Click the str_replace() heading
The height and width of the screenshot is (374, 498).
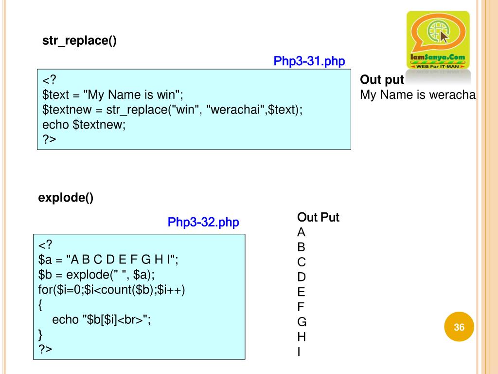click(79, 41)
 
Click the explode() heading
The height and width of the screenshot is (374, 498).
click(66, 198)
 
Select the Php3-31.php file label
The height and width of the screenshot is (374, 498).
click(309, 61)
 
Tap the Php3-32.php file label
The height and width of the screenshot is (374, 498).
click(203, 223)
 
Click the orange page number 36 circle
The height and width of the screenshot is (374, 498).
click(459, 327)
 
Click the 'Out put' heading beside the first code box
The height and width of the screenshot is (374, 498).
click(382, 80)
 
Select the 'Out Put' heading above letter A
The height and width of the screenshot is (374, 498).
click(318, 217)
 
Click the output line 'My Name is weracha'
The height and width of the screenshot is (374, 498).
click(417, 95)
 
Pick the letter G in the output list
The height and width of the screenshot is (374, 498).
click(302, 322)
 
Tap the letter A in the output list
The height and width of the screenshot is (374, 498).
click(302, 232)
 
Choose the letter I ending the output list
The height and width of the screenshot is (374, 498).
click(299, 352)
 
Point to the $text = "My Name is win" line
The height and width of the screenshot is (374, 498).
click(113, 94)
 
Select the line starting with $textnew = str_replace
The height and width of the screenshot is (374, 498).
click(172, 110)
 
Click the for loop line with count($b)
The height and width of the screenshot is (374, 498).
click(112, 290)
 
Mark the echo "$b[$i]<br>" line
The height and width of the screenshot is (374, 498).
click(102, 319)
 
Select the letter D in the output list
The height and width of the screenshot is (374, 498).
click(302, 277)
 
